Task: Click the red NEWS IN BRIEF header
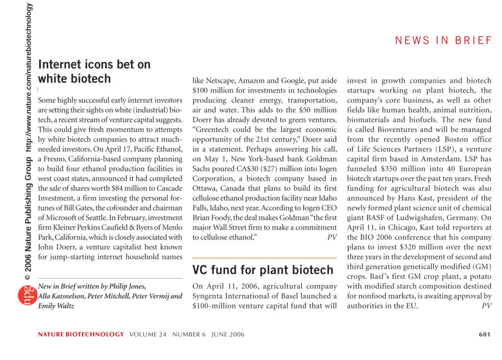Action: click(x=443, y=41)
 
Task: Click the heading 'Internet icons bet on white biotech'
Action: click(x=94, y=72)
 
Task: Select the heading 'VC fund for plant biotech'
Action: click(x=263, y=270)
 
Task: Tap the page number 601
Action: click(x=484, y=335)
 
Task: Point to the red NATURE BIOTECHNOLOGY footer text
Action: click(x=81, y=335)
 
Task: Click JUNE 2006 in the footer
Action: click(x=228, y=335)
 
